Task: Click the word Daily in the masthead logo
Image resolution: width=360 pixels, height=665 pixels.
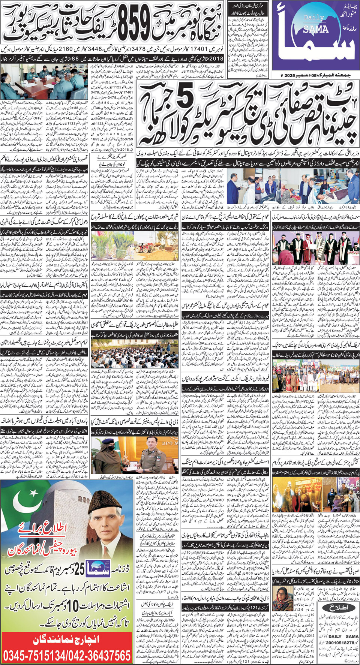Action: click(x=314, y=18)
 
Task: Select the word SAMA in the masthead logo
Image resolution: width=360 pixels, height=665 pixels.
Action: click(x=315, y=30)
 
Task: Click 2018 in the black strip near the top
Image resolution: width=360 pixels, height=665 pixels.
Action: click(x=216, y=58)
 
